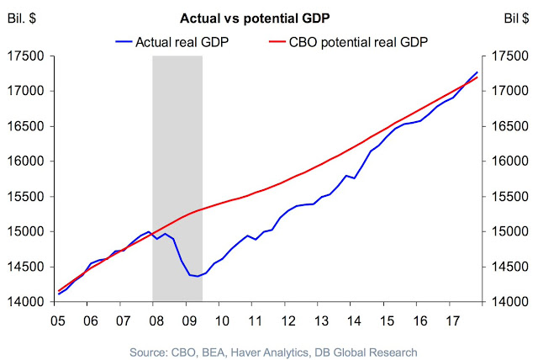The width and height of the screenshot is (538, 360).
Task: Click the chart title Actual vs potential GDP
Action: click(x=269, y=17)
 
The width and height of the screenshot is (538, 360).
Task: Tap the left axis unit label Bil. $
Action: click(x=28, y=17)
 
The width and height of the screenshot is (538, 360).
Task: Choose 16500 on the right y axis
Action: click(x=508, y=126)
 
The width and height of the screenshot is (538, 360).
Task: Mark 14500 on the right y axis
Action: click(x=508, y=267)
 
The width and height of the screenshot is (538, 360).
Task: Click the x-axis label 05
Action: click(x=57, y=320)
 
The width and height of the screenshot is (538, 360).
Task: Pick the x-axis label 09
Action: click(x=190, y=320)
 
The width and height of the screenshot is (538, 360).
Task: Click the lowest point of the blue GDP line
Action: click(x=198, y=277)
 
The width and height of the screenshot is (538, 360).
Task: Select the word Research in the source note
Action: click(x=391, y=351)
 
